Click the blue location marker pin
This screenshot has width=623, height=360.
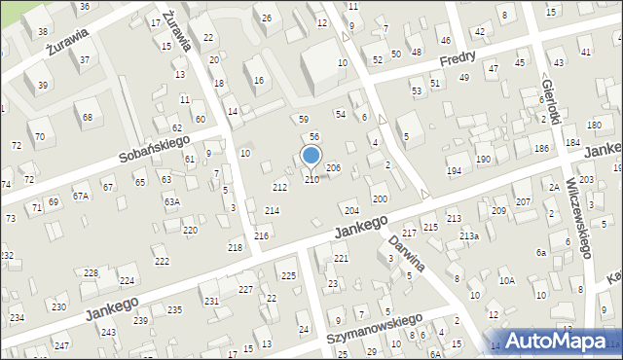(311, 155)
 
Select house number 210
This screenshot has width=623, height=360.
(311, 179)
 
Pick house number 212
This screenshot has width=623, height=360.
(279, 187)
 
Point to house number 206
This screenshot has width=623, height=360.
(333, 168)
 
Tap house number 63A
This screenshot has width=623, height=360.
(171, 202)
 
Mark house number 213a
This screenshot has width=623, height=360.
(469, 236)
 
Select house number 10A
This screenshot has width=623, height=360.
(506, 281)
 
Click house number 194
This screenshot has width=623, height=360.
(454, 171)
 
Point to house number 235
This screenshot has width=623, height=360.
(174, 310)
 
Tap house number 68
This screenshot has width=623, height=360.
(88, 118)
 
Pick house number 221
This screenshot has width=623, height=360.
(341, 259)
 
